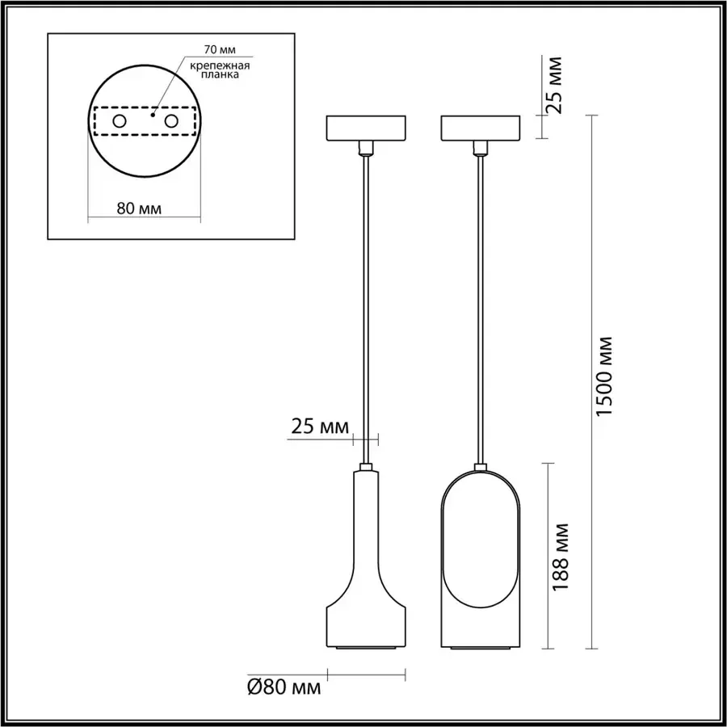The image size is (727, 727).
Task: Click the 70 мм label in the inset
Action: coord(220,49)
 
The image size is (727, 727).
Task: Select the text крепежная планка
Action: coord(220,69)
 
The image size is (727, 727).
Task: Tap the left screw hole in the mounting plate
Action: coord(120,121)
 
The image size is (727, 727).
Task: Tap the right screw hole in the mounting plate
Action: coord(171,121)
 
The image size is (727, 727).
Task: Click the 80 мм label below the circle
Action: coord(139,208)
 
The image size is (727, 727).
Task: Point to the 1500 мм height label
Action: coord(604,376)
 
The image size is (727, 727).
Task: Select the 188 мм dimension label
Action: coord(561,557)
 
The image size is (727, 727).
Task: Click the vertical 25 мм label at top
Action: coord(554,85)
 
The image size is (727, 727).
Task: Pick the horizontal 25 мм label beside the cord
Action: coord(320,426)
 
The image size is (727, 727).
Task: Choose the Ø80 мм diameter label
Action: coord(284,687)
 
